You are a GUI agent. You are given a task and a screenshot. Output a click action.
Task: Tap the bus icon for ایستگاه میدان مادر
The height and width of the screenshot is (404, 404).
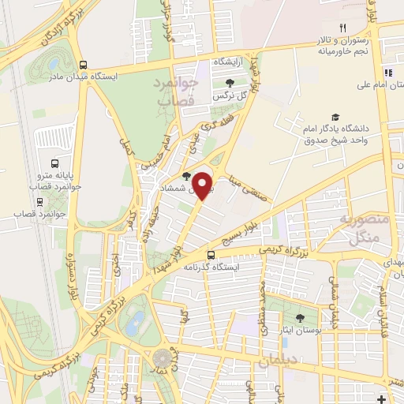[83, 66]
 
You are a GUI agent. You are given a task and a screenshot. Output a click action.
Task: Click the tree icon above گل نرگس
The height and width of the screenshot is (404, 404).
[230, 82]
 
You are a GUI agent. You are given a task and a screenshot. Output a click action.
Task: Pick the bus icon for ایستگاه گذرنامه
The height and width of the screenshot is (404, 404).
[211, 255]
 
